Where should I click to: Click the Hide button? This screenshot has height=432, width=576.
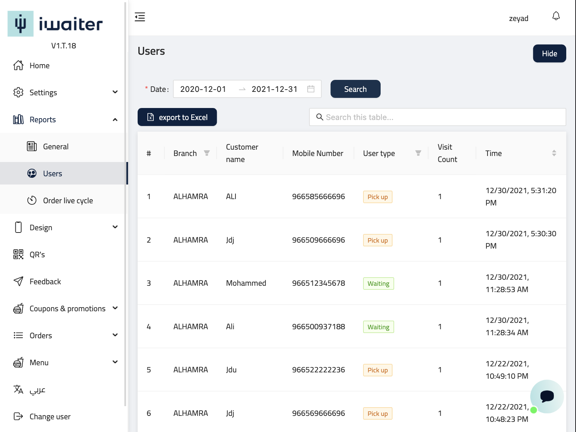(x=549, y=54)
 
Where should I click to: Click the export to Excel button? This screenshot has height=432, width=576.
(x=177, y=117)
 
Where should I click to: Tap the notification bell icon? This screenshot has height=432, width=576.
(x=556, y=16)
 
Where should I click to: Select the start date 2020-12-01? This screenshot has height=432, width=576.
(x=203, y=89)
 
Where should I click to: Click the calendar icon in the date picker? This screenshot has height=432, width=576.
(x=311, y=89)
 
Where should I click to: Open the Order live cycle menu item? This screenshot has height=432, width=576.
(x=68, y=201)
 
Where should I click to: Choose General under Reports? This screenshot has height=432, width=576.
(x=55, y=147)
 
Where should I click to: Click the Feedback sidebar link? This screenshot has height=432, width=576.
(x=45, y=282)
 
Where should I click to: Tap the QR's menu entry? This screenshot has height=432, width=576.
(x=37, y=255)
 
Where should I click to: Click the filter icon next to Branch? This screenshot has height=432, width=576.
(x=207, y=153)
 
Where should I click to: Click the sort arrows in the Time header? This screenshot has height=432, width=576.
(x=554, y=153)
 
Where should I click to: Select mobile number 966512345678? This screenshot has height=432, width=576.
(x=318, y=283)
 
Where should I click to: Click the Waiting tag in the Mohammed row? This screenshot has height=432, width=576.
(x=378, y=283)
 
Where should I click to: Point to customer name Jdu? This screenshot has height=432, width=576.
(x=231, y=370)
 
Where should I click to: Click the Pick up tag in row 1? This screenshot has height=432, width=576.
(x=377, y=197)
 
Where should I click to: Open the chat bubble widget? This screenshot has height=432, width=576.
(x=547, y=396)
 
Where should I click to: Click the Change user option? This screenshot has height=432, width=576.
(x=50, y=417)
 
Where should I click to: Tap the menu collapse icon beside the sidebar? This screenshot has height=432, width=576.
(x=140, y=17)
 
